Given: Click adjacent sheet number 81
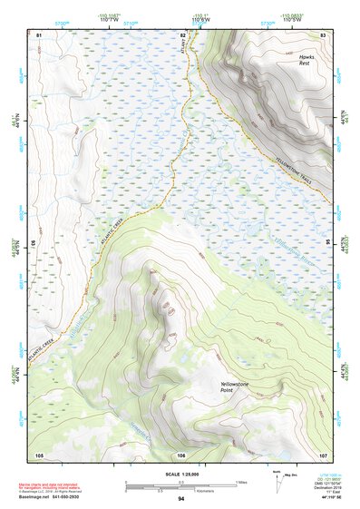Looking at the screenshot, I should [x=39, y=34].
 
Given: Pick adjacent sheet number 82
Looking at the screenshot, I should [x=182, y=34].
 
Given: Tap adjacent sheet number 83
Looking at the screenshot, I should [x=323, y=34].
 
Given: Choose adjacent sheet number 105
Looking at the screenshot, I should [x=39, y=455].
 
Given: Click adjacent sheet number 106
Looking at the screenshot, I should [x=181, y=455].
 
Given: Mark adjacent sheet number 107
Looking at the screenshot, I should [x=323, y=455].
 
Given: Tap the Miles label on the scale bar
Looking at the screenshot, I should [x=241, y=481].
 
